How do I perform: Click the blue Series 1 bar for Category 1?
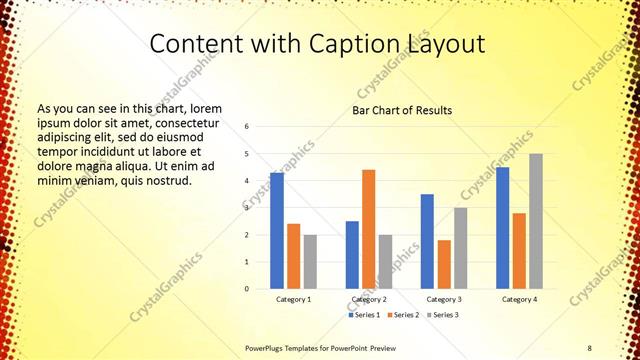277,231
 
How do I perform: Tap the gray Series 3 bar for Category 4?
536,221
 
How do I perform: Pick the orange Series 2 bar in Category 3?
444,264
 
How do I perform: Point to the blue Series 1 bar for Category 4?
502,228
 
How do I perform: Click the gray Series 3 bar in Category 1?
310,262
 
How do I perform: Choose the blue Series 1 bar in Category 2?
352,255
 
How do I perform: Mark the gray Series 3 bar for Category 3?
460,248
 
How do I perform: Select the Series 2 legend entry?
403,315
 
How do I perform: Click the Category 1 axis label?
293,299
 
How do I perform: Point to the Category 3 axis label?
444,299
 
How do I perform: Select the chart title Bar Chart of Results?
402,110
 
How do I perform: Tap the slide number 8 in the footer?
589,347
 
